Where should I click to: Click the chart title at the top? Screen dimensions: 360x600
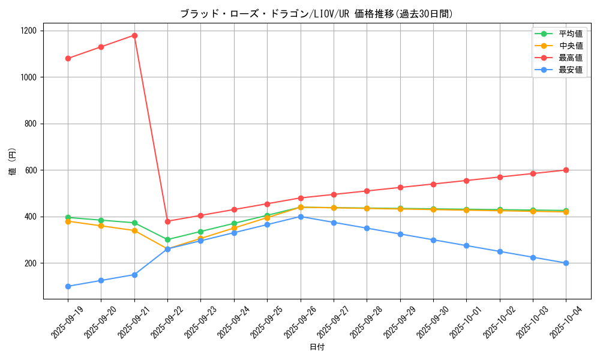[317, 14]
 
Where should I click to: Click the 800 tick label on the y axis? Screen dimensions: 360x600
[31, 124]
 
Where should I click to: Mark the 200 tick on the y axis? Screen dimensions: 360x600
[31, 263]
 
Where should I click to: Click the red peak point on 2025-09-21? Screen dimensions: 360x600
[134, 35]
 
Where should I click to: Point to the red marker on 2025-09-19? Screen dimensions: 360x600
[68, 58]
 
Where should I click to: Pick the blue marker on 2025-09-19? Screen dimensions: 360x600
[68, 286]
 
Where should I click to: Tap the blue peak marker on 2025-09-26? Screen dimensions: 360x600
[301, 217]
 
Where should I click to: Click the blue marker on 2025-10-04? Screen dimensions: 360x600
[566, 263]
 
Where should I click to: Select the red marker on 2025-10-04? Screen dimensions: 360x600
[566, 170]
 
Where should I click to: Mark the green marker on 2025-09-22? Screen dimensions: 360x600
[167, 239]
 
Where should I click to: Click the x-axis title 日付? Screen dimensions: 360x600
[317, 347]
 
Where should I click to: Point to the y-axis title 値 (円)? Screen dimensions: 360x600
[13, 161]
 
